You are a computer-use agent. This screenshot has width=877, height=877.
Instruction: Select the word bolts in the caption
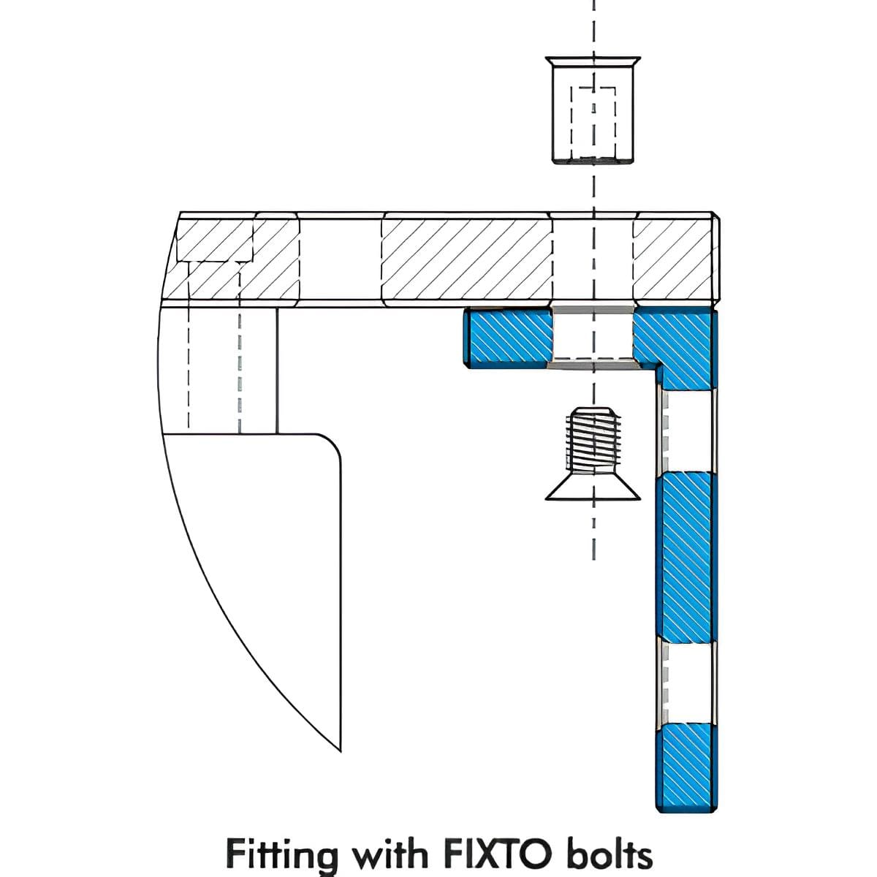[x=609, y=853]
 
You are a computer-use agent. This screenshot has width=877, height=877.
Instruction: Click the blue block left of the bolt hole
[x=507, y=337]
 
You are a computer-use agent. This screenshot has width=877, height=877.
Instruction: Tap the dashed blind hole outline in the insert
[x=593, y=121]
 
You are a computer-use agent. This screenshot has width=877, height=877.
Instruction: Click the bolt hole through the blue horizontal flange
[x=593, y=335]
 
